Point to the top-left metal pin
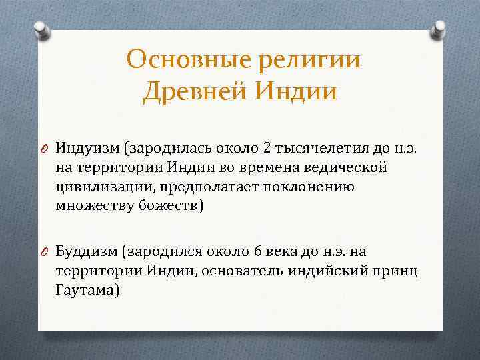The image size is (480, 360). click(x=41, y=29)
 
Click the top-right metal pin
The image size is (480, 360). click(x=439, y=29)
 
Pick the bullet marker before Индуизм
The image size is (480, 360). click(x=46, y=147)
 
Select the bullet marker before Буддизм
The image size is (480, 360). click(x=46, y=252)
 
